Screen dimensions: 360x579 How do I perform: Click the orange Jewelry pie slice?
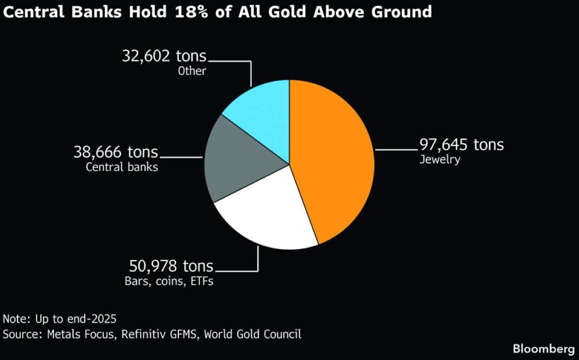(333, 159)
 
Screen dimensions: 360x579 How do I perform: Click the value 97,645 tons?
(462, 144)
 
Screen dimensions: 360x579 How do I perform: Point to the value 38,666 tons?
(116, 152)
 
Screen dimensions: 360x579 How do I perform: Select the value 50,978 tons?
(171, 266)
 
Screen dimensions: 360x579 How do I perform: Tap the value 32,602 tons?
(164, 56)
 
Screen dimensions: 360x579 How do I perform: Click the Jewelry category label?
(440, 160)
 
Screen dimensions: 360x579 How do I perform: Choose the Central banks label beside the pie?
(122, 167)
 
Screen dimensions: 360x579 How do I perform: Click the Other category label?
(192, 71)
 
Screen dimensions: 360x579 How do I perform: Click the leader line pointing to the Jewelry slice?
(396, 150)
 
